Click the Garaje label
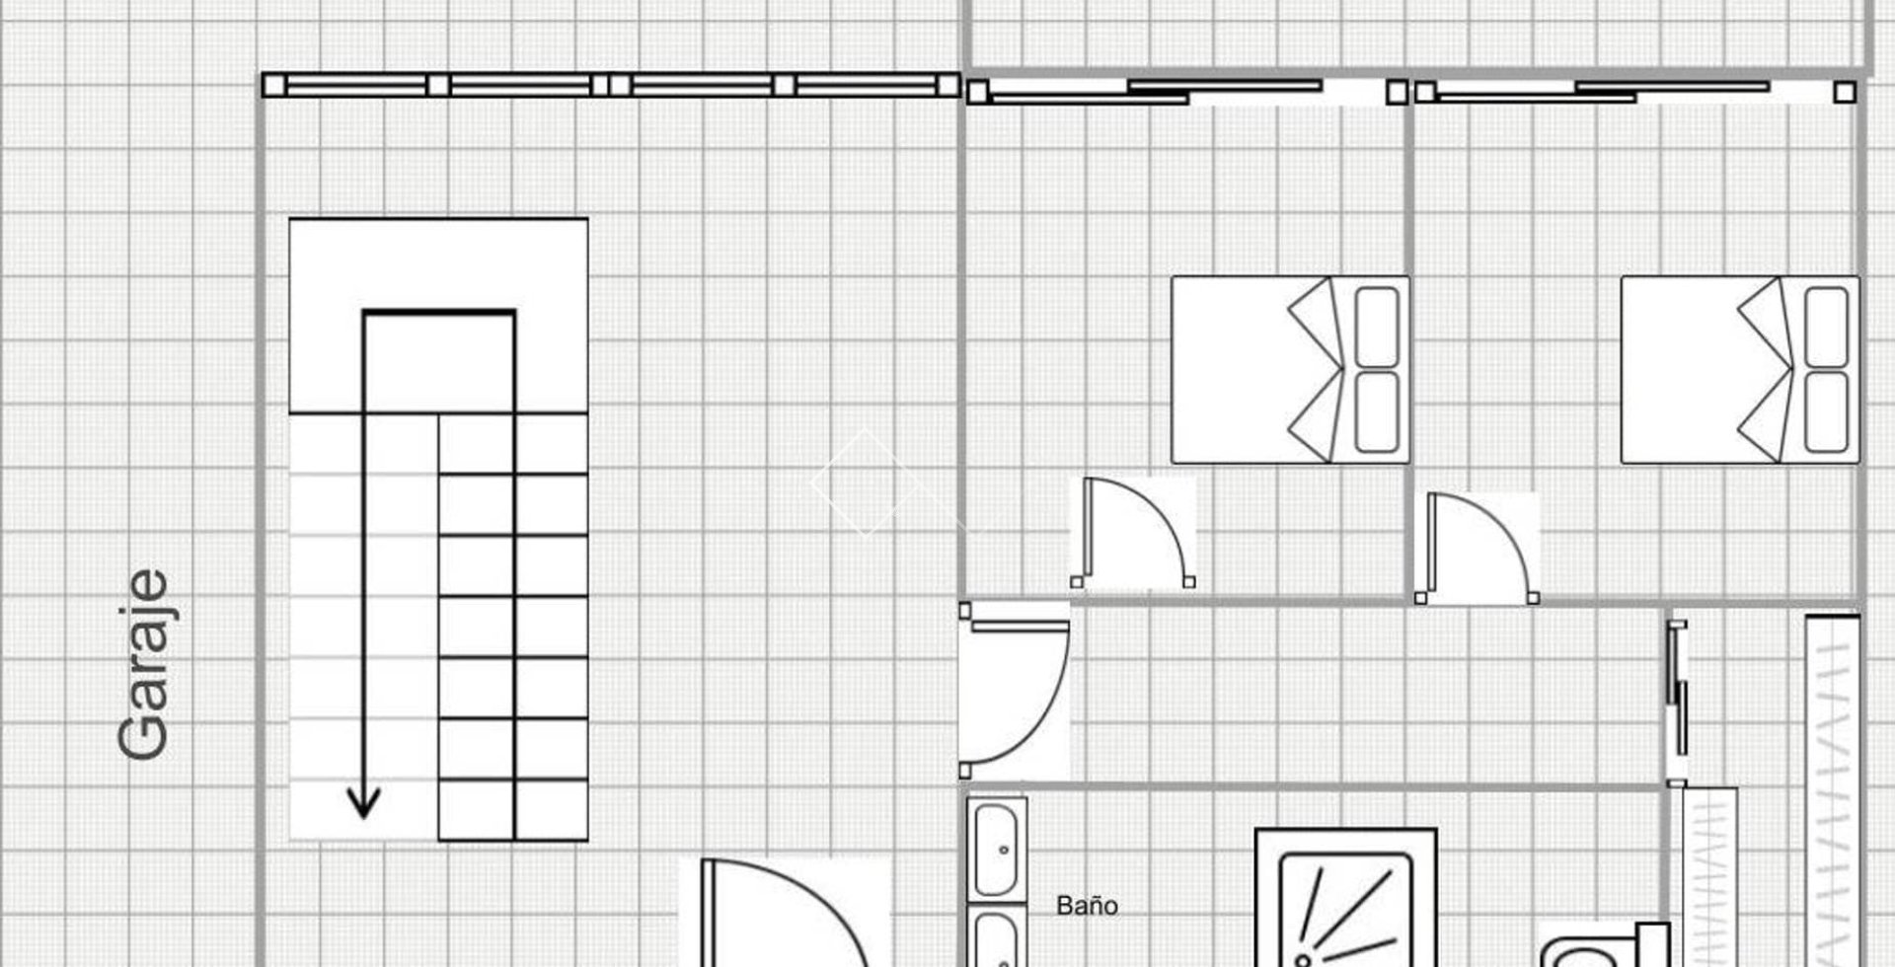(143, 665)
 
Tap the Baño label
(1087, 906)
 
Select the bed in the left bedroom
(1290, 369)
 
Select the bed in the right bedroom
(1739, 369)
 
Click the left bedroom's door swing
(1135, 533)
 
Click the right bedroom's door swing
(1478, 548)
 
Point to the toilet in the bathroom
(1604, 945)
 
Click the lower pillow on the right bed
(1826, 411)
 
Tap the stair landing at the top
(438, 316)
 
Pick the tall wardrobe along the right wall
(1833, 790)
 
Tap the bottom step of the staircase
(513, 810)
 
